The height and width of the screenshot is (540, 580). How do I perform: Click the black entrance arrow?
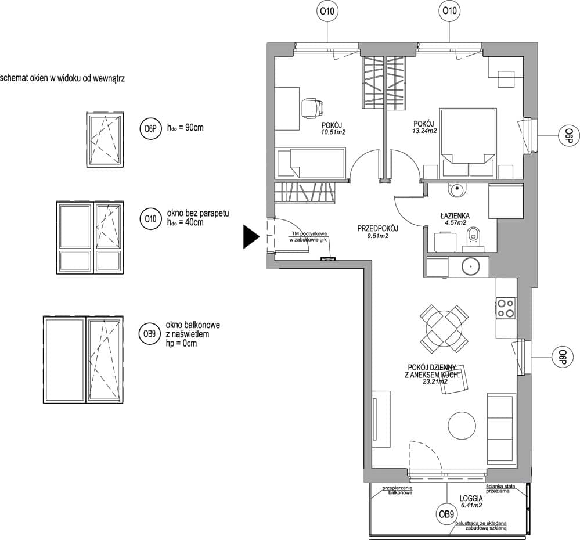click(251, 237)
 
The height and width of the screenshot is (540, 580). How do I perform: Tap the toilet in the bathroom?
click(474, 239)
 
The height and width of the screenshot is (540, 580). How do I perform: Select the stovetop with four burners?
click(506, 308)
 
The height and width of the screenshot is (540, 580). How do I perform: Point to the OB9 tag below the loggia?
click(446, 514)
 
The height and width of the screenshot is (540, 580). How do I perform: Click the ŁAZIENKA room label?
click(455, 215)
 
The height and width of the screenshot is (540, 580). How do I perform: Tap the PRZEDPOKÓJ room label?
click(377, 229)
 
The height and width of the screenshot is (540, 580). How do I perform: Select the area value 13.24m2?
click(424, 131)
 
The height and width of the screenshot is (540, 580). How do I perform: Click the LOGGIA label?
click(471, 499)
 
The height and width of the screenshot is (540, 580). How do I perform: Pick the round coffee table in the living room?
click(462, 426)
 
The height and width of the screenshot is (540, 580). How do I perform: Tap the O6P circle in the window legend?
click(150, 129)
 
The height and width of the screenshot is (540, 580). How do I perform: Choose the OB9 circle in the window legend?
click(149, 334)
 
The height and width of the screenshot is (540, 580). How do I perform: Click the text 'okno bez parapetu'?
click(198, 214)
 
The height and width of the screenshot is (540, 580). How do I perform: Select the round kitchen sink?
click(470, 265)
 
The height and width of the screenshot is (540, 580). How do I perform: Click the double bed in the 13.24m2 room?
click(467, 142)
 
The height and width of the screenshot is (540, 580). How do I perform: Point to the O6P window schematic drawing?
click(105, 140)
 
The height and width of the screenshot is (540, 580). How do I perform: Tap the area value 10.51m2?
click(333, 132)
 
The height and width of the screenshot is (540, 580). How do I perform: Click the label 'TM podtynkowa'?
click(309, 234)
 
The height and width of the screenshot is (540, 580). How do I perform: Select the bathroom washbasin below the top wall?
click(456, 190)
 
